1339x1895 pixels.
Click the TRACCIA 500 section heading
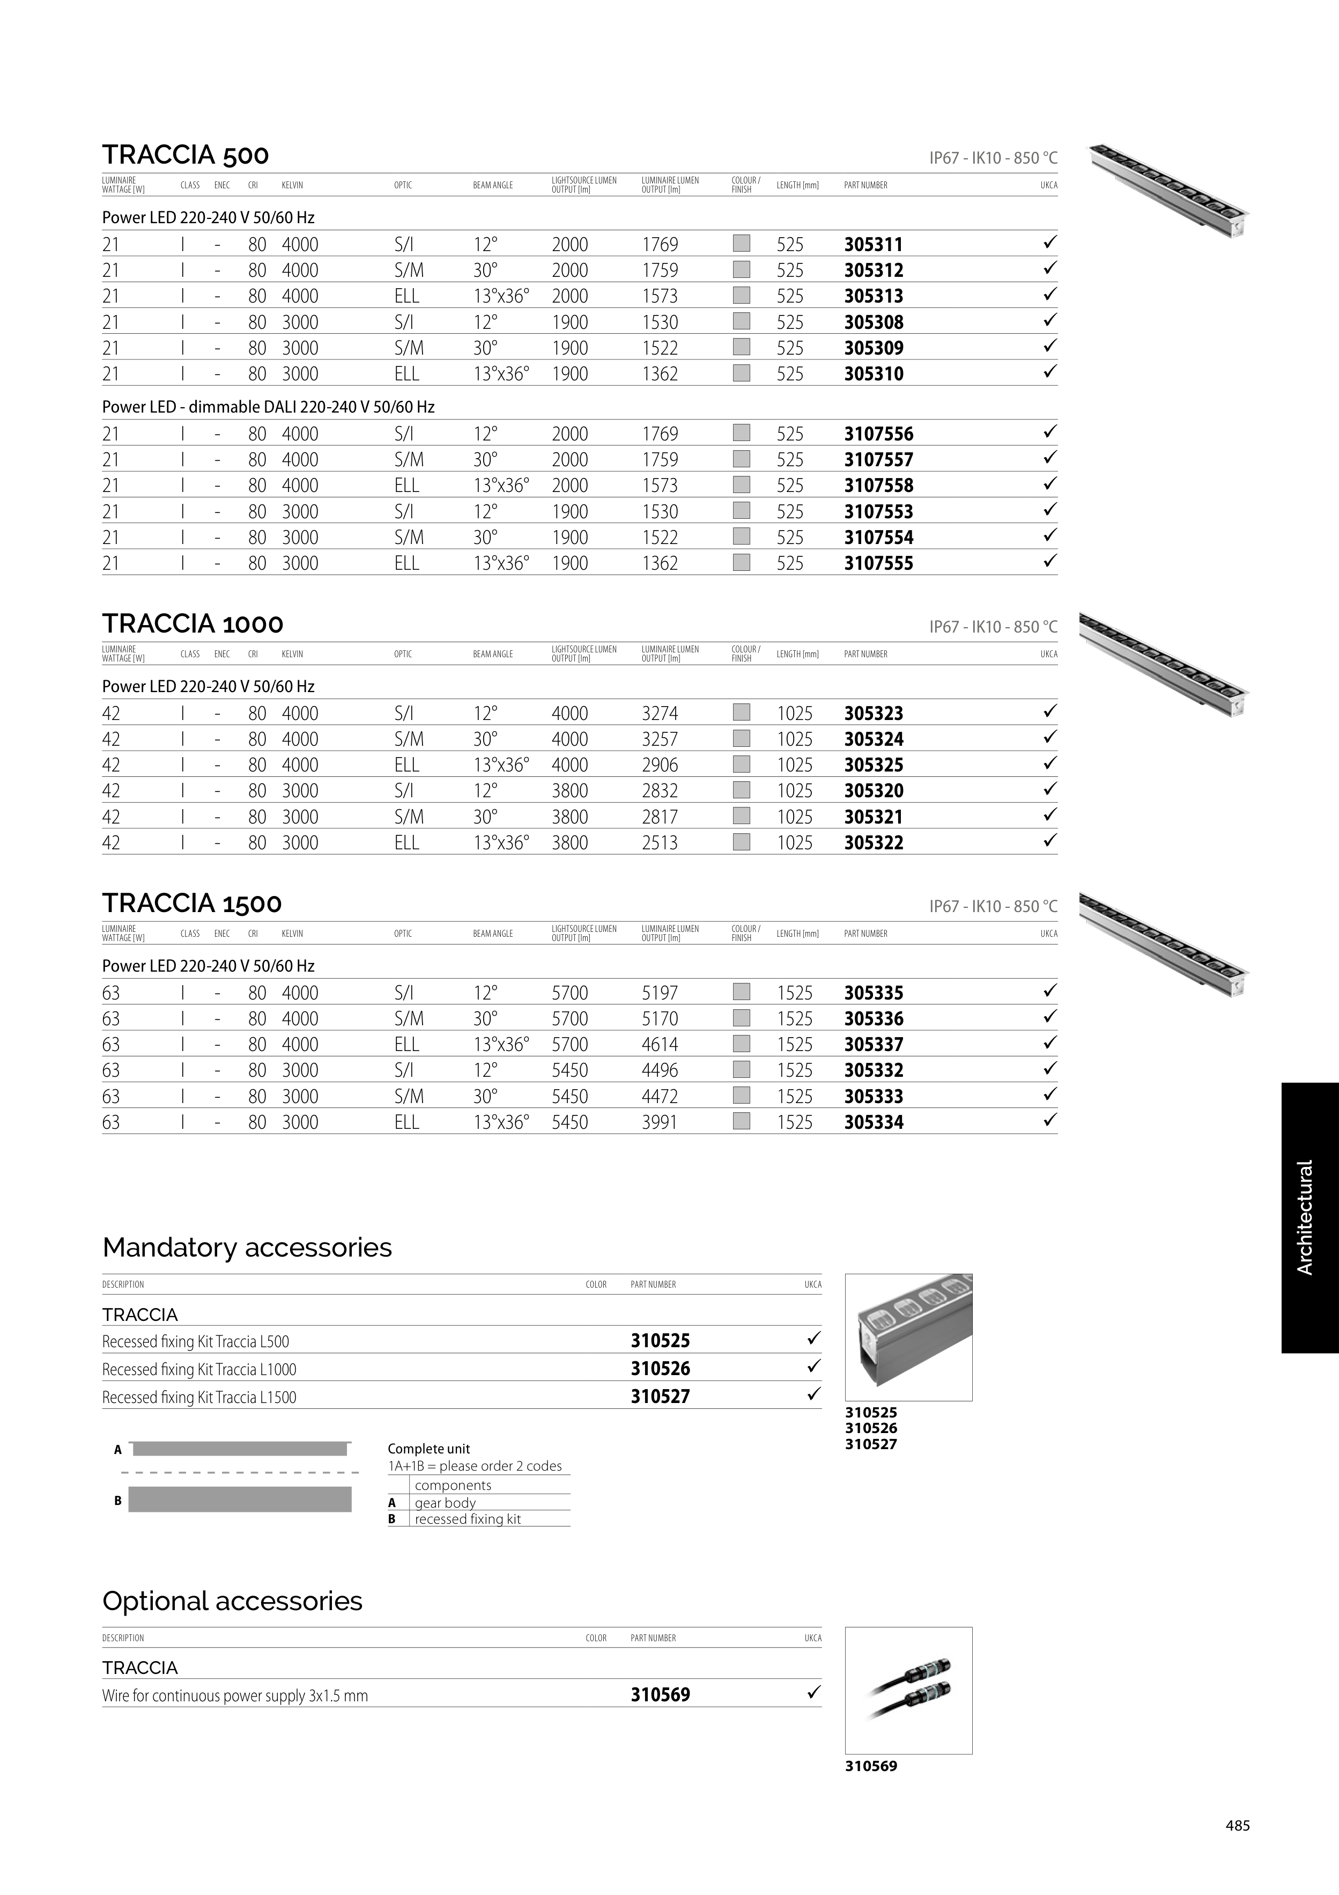click(x=186, y=155)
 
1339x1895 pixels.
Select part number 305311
click(x=873, y=244)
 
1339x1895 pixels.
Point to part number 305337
click(x=873, y=1044)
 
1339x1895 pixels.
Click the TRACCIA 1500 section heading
click(x=192, y=903)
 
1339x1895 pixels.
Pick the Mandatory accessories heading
click(x=247, y=1247)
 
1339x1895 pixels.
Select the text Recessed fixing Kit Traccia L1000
click(x=199, y=1369)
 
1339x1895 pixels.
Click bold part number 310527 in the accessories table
click(x=660, y=1397)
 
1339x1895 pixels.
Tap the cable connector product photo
click(x=908, y=1690)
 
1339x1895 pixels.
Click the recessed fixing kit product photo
click(x=908, y=1336)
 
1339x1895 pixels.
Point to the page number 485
click(x=1237, y=1826)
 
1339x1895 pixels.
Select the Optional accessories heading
click(x=232, y=1601)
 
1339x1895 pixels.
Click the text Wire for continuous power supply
click(x=234, y=1696)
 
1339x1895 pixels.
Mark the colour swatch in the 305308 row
click(x=742, y=321)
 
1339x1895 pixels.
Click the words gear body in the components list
click(x=445, y=1503)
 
